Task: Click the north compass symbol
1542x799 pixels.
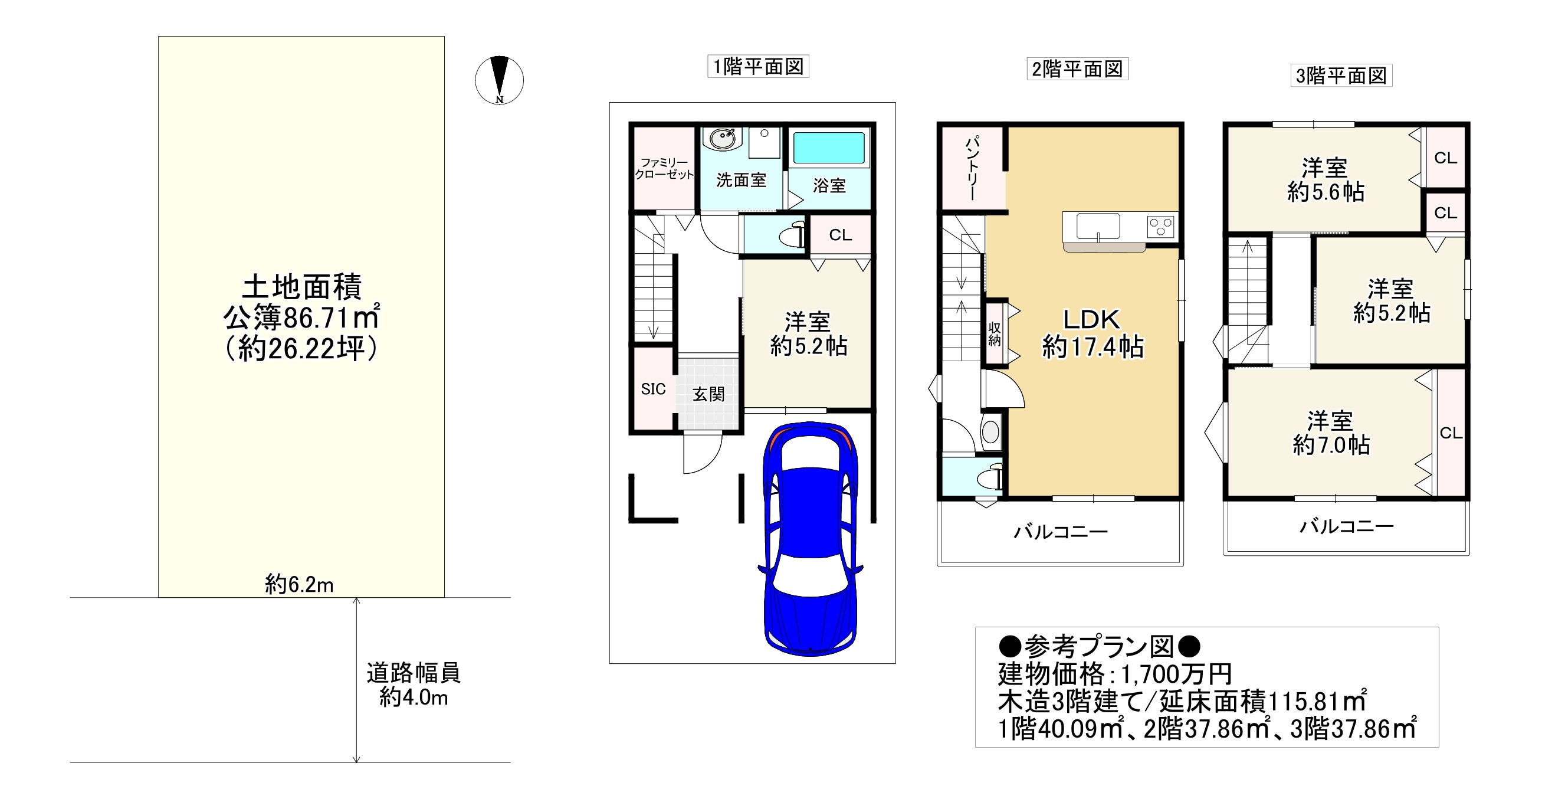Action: coord(499,80)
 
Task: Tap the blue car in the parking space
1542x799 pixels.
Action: coord(810,538)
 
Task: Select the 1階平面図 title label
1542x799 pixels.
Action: coord(758,67)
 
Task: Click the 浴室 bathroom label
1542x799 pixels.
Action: coord(829,186)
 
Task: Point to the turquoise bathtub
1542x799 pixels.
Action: coord(829,148)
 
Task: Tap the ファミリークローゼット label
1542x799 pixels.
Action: coord(664,168)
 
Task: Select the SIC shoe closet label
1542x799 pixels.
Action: coord(653,389)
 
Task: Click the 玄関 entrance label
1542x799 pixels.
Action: coord(708,394)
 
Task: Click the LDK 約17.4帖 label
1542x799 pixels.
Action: coord(1092,333)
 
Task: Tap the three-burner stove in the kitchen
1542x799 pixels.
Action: coord(1161,227)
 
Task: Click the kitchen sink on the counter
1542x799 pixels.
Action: coord(1098,227)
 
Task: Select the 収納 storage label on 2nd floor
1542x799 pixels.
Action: coord(995,334)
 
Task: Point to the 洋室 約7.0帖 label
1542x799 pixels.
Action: coord(1331,433)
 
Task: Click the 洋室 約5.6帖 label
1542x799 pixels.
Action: coord(1326,179)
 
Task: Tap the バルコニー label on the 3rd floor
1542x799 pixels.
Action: coord(1346,526)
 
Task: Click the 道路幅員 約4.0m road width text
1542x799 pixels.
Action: coord(414,685)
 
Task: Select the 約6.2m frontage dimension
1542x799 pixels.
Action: coord(299,585)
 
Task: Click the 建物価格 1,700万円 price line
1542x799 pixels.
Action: coord(1114,674)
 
